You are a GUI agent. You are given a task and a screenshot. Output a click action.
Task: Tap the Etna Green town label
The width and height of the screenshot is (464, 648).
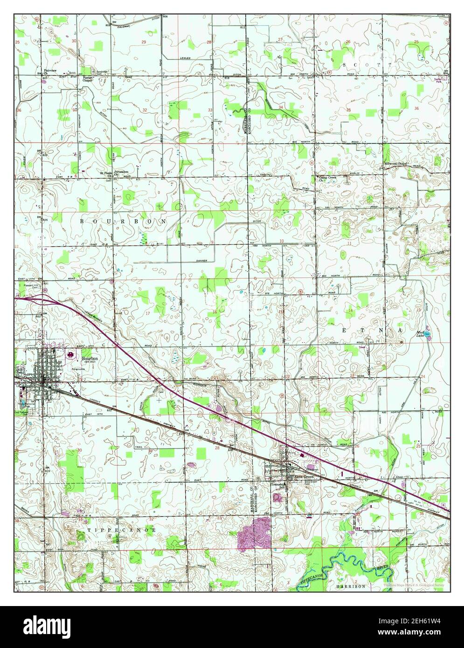(x=303, y=477)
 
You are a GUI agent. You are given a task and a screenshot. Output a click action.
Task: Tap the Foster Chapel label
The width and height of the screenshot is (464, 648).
(x=88, y=78)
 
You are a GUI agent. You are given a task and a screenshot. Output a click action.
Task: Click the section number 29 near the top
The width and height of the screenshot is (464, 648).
(x=144, y=42)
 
